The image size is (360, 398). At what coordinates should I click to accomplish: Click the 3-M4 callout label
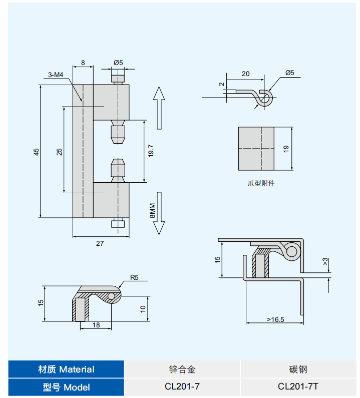click(x=56, y=75)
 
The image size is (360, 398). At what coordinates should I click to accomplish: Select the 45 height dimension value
click(x=36, y=152)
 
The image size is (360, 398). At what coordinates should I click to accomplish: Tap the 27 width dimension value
click(x=100, y=243)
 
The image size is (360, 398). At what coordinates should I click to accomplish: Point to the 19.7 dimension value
click(x=151, y=151)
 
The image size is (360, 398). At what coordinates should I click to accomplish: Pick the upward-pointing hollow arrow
click(x=159, y=107)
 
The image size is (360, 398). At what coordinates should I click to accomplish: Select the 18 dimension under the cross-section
click(x=96, y=325)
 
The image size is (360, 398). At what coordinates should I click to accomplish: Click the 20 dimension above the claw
click(x=245, y=74)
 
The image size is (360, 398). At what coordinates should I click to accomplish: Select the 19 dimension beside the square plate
click(x=286, y=149)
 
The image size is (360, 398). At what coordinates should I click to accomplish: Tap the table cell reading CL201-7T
click(x=298, y=386)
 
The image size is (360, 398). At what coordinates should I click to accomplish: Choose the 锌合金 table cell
click(x=182, y=369)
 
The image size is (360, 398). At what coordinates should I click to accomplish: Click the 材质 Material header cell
click(x=66, y=369)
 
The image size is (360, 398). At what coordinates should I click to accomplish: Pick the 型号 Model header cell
click(x=66, y=387)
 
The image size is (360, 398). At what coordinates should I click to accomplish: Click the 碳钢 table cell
click(x=298, y=369)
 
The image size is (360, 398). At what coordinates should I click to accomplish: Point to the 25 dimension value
click(x=59, y=152)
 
